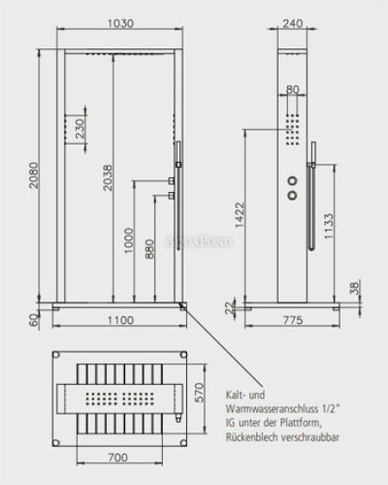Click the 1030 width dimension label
click(x=120, y=23)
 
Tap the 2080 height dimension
click(x=34, y=175)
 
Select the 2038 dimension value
click(x=108, y=177)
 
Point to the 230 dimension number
click(x=79, y=128)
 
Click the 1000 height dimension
click(x=128, y=240)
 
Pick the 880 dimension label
click(x=149, y=249)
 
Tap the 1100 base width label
click(x=121, y=320)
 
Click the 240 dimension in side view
click(x=292, y=23)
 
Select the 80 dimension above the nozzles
click(x=293, y=90)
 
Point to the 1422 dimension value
click(x=240, y=215)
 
